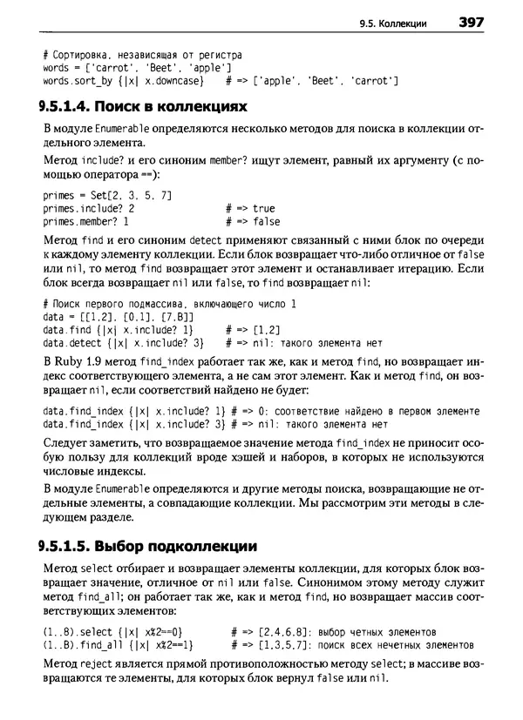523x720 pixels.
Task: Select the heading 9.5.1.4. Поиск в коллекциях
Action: (145, 107)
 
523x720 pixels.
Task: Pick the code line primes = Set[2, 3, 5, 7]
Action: (107, 194)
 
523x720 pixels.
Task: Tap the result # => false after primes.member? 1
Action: (252, 222)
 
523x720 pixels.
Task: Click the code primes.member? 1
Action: (92, 222)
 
